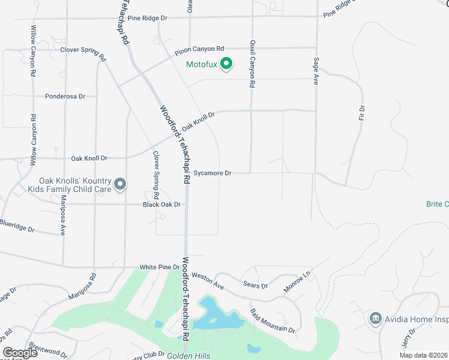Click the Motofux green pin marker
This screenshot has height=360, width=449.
point(226,63)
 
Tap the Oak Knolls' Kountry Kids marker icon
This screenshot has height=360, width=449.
point(120,184)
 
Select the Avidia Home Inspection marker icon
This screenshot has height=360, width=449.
point(376,317)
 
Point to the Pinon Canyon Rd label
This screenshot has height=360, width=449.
point(199,50)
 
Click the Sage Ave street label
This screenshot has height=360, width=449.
point(316,71)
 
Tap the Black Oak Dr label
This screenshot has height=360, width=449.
point(161,205)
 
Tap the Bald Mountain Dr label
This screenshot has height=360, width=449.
point(273,321)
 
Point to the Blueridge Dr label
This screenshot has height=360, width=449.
point(17,226)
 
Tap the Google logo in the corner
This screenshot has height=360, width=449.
point(20,353)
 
